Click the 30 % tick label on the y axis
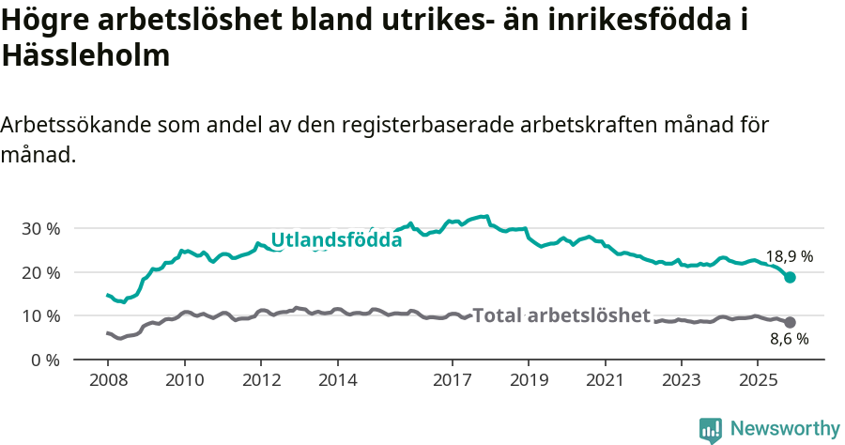pyautogui.click(x=39, y=229)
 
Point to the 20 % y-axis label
pyautogui.click(x=39, y=272)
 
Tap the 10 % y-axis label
pyautogui.click(x=39, y=316)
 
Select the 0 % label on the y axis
pyautogui.click(x=44, y=360)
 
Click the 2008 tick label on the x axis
pyautogui.click(x=108, y=380)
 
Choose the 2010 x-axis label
pyautogui.click(x=185, y=380)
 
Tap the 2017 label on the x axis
pyautogui.click(x=453, y=380)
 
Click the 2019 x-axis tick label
pyautogui.click(x=529, y=380)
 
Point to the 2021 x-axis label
pyautogui.click(x=606, y=380)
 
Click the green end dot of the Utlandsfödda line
pyautogui.click(x=791, y=277)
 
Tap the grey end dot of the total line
pyautogui.click(x=791, y=322)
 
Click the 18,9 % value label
pyautogui.click(x=790, y=256)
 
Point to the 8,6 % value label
pyautogui.click(x=790, y=340)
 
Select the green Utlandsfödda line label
pyautogui.click(x=336, y=240)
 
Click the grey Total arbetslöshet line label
pyautogui.click(x=561, y=315)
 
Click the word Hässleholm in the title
pyautogui.click(x=85, y=55)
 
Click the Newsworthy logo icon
pyautogui.click(x=711, y=429)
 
